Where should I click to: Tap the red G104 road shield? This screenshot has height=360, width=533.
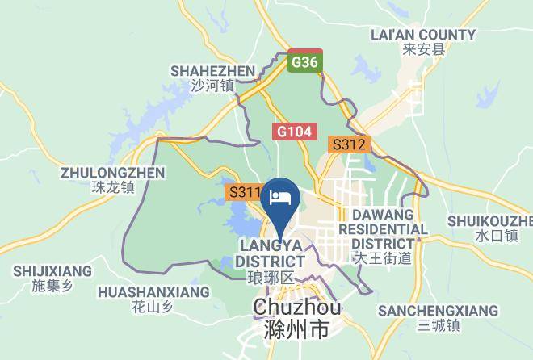pos(295,131)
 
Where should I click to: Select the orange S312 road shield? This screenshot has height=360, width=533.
pos(349,146)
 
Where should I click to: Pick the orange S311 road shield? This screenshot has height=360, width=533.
pos(243,193)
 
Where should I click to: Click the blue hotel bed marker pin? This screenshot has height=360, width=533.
pos(283,198)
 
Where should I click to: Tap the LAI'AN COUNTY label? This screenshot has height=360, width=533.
pos(422,35)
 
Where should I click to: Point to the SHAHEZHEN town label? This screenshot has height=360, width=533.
pos(212,71)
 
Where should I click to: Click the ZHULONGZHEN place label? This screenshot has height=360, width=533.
pos(113,173)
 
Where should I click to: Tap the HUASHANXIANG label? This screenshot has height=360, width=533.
pos(153,291)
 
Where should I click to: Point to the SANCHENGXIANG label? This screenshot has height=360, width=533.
pos(439,311)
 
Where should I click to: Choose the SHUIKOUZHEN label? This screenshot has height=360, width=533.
pos(490,221)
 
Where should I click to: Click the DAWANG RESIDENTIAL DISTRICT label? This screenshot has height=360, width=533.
pos(383,229)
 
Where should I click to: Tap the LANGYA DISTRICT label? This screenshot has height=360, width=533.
pos(271,253)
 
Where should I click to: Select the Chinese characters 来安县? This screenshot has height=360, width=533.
pos(423,50)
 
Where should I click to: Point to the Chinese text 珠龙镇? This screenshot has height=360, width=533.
pos(113,187)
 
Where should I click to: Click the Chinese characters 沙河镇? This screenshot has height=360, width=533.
pos(212,86)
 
